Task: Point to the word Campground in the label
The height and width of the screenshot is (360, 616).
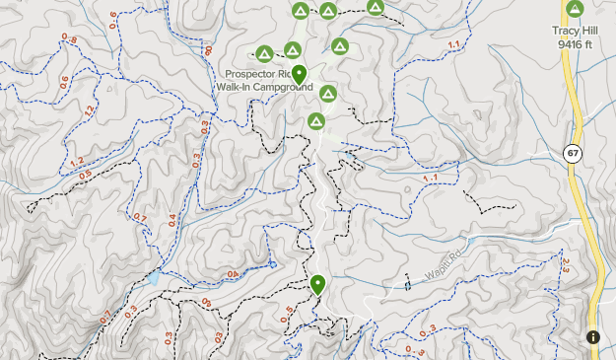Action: tap(283, 88)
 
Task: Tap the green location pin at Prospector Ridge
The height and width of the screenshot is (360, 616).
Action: tap(300, 74)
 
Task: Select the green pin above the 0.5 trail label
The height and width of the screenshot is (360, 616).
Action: tap(317, 285)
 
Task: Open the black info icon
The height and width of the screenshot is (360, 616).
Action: tap(593, 337)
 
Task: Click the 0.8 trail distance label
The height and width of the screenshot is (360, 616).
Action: tap(69, 39)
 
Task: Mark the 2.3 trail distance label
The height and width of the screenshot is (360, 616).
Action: tap(567, 263)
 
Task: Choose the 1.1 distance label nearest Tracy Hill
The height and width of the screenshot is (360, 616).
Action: tap(454, 45)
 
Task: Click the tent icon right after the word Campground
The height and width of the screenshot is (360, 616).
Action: tap(327, 95)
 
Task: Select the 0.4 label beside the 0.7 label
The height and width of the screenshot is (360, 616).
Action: tap(173, 219)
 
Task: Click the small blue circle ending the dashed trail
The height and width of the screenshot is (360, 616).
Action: tap(272, 264)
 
